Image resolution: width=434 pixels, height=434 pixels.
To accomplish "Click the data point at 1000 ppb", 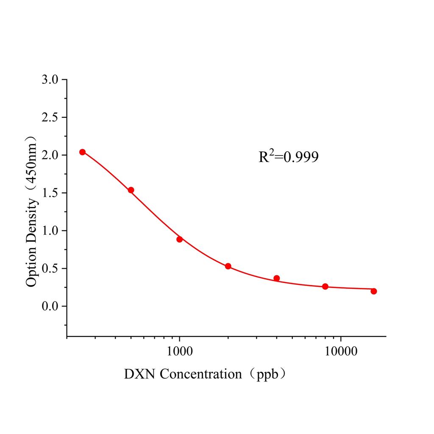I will tap(180, 239).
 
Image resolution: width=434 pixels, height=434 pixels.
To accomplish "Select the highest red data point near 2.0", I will tap(82, 152).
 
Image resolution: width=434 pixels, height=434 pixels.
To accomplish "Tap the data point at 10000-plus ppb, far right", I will tap(373, 291).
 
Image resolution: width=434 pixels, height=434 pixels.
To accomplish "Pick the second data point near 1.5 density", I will tap(131, 190).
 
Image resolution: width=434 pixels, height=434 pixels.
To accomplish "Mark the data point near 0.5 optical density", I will tap(228, 266).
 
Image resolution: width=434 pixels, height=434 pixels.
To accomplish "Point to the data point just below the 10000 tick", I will tap(325, 287).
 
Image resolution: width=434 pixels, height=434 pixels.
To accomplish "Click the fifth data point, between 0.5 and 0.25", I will tap(276, 278).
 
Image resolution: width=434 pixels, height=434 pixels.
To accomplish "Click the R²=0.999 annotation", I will tap(288, 157).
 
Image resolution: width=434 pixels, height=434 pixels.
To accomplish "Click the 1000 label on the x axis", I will tap(180, 351).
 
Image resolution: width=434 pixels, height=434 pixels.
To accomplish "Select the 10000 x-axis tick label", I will tap(341, 351).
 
